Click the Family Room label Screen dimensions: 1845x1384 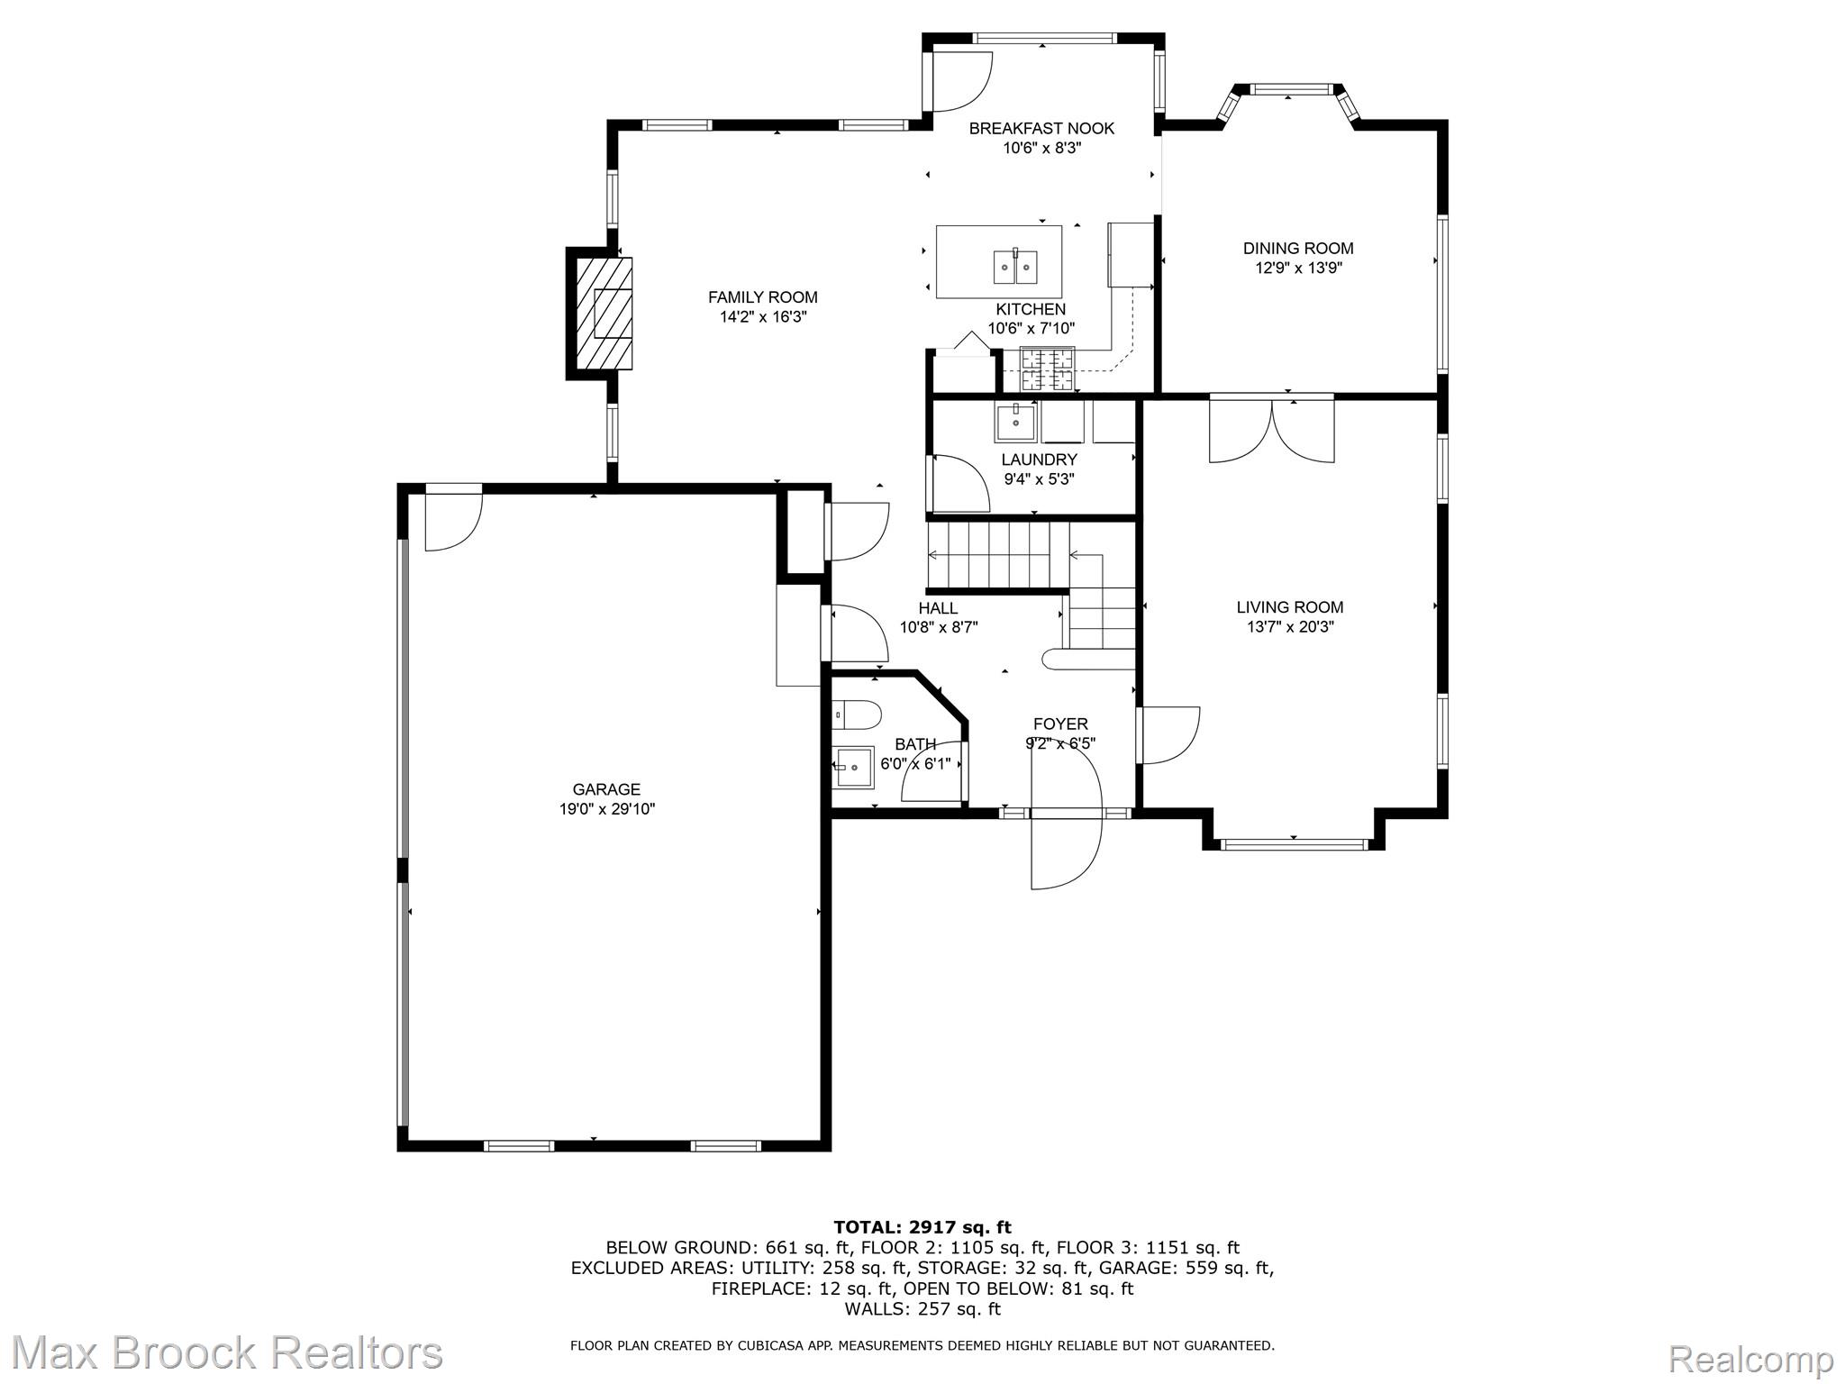coord(762,297)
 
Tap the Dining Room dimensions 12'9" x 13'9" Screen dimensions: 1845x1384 coord(1298,269)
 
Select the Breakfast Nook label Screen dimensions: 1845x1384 coord(1041,129)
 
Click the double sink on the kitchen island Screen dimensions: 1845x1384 coord(1015,267)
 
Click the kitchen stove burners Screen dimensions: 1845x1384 coord(1047,369)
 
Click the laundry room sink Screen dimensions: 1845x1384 coord(1016,420)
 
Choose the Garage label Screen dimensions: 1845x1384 coord(606,790)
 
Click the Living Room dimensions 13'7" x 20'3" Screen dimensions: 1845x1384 coord(1290,627)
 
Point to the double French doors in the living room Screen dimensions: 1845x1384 coord(1271,430)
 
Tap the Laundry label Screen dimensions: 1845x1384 coord(1039,460)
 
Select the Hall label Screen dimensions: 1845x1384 coord(938,608)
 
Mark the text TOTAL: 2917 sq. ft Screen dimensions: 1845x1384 coord(922,1227)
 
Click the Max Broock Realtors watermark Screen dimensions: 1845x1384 coord(227,1352)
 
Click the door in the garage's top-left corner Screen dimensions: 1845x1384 coord(454,518)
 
